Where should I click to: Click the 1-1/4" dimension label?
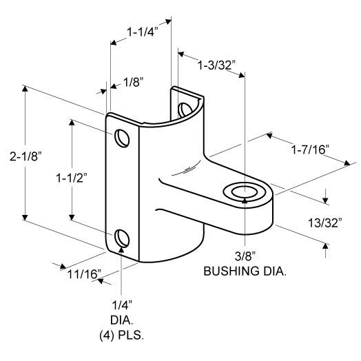(x=143, y=32)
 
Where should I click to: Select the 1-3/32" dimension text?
(x=216, y=65)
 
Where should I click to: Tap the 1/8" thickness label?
(x=134, y=82)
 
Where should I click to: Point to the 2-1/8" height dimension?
(x=25, y=156)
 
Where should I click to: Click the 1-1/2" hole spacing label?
(x=72, y=178)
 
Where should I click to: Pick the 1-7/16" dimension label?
(x=311, y=149)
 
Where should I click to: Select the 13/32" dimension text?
(x=325, y=223)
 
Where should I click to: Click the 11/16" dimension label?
(x=84, y=274)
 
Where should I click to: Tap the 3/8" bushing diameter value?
(x=245, y=256)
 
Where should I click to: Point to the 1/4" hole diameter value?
(x=122, y=305)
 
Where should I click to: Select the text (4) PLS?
(x=122, y=336)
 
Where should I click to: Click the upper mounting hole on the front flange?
(x=122, y=138)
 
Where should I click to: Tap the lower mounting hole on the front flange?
(x=122, y=238)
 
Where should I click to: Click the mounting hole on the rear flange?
(x=185, y=110)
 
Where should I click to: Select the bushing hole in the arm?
(x=245, y=192)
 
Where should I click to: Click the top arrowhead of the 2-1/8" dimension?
(x=25, y=88)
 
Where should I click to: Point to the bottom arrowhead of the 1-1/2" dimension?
(x=72, y=217)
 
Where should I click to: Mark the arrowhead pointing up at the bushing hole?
(x=245, y=200)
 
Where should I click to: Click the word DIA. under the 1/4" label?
(x=122, y=320)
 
